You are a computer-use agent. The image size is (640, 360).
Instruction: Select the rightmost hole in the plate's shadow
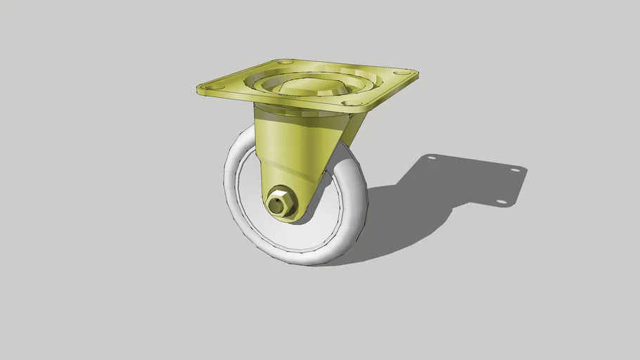tap(516, 169)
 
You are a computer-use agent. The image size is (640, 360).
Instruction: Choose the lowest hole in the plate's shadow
tap(501, 202)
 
